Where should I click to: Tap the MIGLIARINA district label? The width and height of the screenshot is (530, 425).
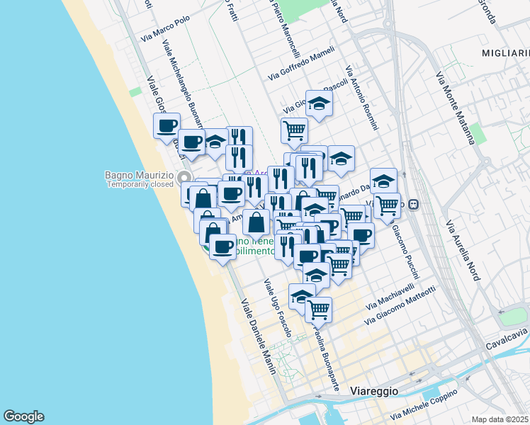[x=505, y=53]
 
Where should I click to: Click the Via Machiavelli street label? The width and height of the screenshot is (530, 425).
[x=390, y=297]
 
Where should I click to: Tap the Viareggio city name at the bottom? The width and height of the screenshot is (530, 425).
[x=375, y=391]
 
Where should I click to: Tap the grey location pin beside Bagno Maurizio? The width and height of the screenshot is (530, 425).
[x=185, y=177]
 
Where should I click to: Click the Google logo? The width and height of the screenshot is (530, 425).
[x=23, y=416]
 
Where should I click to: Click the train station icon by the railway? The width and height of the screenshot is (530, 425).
[x=414, y=204]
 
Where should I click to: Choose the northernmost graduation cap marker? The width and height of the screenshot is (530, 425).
[x=319, y=103]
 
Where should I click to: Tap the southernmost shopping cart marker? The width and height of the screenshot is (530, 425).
[x=319, y=310]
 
